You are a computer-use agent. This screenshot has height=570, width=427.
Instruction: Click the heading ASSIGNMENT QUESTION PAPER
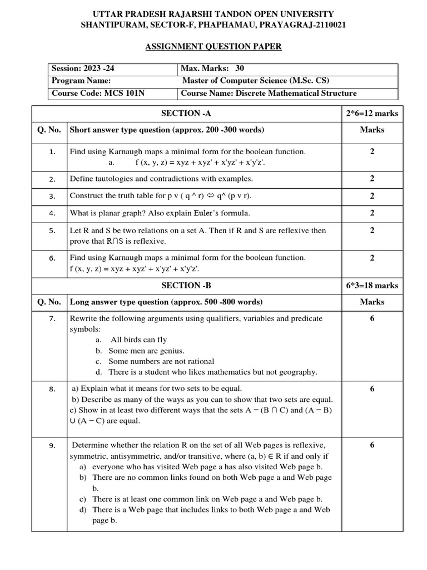[x=213, y=47]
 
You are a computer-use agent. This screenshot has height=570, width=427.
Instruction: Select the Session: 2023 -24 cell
[x=83, y=69]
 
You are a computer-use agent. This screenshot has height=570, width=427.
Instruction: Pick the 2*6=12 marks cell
[x=372, y=114]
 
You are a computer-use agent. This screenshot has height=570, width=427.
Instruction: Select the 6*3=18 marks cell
[x=372, y=286]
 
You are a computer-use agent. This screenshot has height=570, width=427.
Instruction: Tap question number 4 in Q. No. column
[x=52, y=213]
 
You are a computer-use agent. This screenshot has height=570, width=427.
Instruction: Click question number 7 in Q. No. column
[x=52, y=319]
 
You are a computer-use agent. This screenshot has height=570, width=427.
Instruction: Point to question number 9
[x=52, y=445]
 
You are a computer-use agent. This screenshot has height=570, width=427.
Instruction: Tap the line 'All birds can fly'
[x=138, y=340]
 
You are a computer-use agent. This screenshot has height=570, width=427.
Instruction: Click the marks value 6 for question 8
[x=372, y=389]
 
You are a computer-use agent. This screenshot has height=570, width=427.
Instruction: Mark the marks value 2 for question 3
[x=372, y=196]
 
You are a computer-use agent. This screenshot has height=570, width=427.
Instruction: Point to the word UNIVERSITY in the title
[x=302, y=13]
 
